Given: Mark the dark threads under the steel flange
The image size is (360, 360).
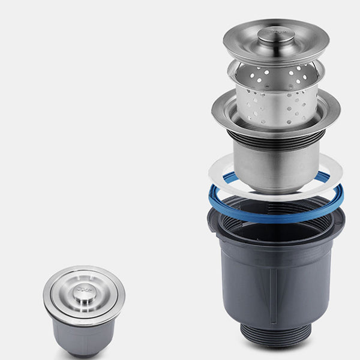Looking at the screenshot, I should point(276,142).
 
